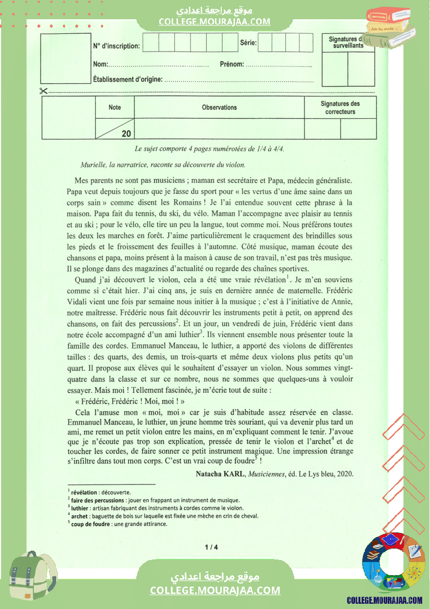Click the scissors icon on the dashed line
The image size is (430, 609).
43,91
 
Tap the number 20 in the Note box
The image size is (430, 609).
127,133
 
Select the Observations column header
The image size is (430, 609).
219,107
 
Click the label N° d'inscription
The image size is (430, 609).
117,46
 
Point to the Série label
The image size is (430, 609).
248,43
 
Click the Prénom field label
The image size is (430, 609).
232,65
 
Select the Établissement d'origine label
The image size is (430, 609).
128,80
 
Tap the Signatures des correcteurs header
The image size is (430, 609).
340,108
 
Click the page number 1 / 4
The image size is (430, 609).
211,547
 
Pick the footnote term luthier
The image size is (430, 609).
79,508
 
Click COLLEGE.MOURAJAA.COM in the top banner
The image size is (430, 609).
214,21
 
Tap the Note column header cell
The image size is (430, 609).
115,107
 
